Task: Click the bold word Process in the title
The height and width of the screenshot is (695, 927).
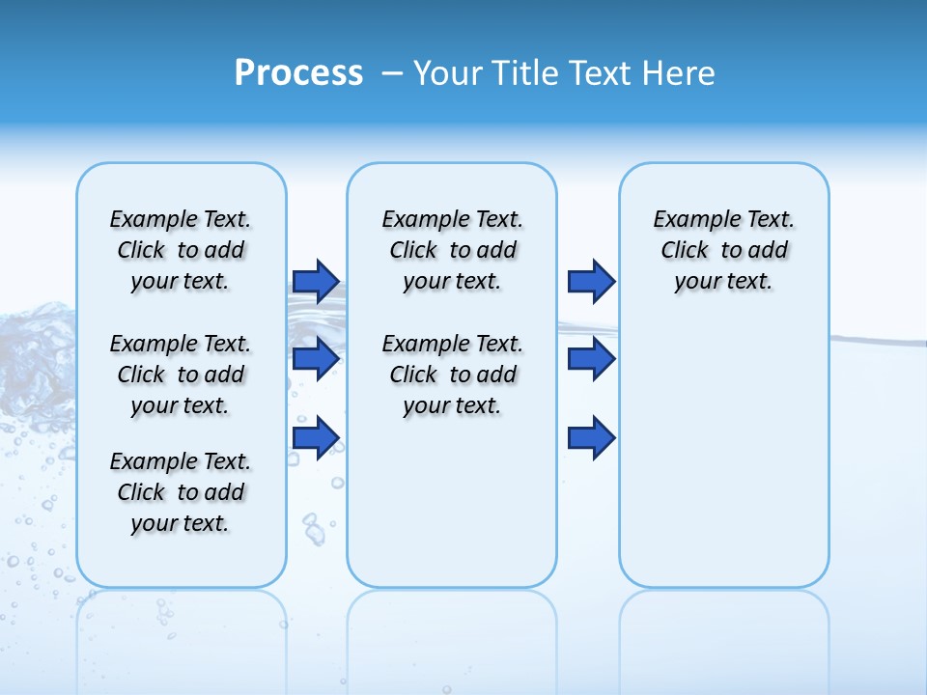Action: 298,73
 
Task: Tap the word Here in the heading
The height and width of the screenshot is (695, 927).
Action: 680,73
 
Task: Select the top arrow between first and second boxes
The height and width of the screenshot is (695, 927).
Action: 316,281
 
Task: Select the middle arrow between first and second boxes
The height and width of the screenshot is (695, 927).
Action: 316,359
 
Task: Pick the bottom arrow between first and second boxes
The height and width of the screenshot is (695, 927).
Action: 316,437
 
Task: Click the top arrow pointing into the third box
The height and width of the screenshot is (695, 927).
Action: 591,281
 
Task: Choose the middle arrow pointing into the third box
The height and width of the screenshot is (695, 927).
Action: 591,359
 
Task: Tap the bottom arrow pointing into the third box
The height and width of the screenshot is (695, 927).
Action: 591,437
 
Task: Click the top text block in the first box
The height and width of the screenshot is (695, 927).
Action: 181,250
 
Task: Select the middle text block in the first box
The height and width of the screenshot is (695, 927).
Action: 181,375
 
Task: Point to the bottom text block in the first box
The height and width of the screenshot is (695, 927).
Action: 181,492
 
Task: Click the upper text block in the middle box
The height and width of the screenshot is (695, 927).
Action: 452,250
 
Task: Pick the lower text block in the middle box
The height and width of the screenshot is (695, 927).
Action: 452,375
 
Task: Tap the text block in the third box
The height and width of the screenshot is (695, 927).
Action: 723,250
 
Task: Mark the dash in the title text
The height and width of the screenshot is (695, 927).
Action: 392,73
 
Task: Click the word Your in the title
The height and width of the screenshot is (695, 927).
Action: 449,73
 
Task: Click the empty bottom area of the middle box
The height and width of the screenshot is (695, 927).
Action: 452,512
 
